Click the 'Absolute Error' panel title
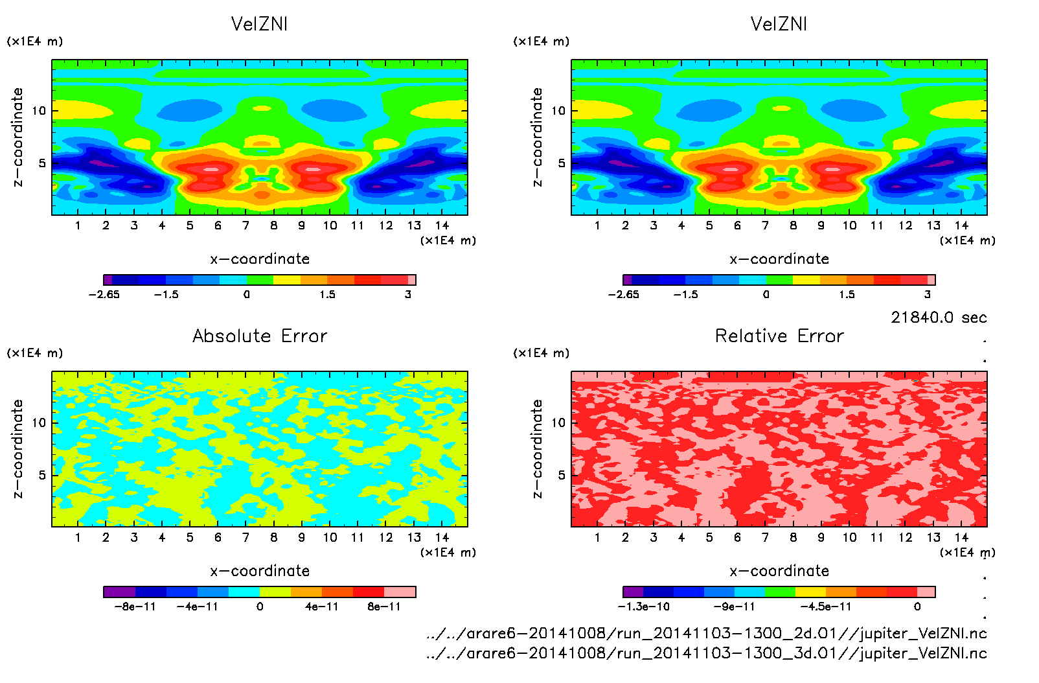pos(260,336)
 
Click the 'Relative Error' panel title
pos(779,336)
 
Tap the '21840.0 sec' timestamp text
pos(939,318)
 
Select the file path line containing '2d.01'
pos(707,633)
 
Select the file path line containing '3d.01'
pos(707,653)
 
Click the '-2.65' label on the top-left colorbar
pos(104,294)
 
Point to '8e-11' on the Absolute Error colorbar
pos(384,607)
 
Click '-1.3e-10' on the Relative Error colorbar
pos(643,607)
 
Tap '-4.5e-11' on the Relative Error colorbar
pos(826,607)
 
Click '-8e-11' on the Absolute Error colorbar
pos(135,607)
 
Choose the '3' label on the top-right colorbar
pos(928,294)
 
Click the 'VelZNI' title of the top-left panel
pos(259,24)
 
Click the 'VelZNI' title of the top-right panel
pos(779,24)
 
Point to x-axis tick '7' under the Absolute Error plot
pos(245,537)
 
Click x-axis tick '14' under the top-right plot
pos(961,226)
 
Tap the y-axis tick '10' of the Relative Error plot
pos(558,423)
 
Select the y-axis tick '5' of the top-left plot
pos(42,163)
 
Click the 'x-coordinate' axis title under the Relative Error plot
pos(779,571)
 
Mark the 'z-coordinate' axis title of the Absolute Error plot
pos(17,448)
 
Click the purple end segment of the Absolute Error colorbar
pos(119,592)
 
